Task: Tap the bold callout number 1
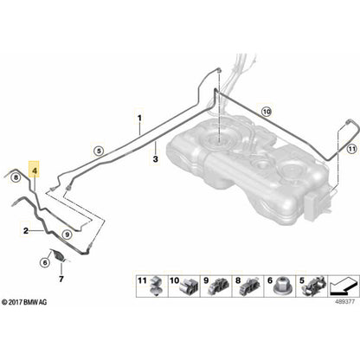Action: tap(137, 116)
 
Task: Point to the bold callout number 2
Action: tap(27, 231)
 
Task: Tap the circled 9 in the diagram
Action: tap(67, 234)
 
